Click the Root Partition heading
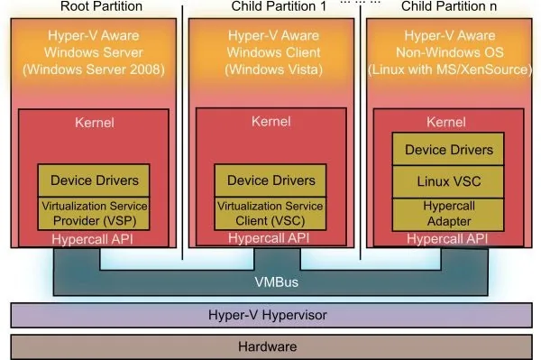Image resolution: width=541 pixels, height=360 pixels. tap(93, 7)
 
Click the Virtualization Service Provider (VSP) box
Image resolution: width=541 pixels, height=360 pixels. tap(94, 212)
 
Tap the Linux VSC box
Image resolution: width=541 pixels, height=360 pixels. tap(448, 180)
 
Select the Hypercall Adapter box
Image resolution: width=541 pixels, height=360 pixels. tap(448, 213)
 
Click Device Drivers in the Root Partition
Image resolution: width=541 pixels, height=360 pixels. tap(94, 180)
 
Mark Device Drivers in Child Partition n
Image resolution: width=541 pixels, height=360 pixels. tap(448, 149)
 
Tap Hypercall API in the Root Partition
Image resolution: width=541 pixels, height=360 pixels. tap(94, 238)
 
